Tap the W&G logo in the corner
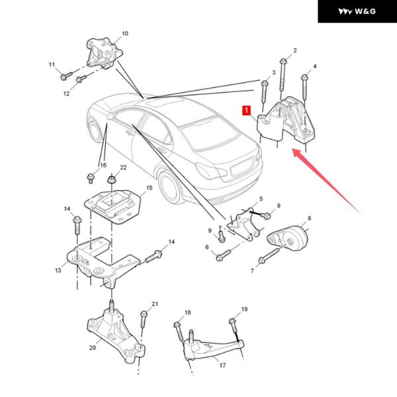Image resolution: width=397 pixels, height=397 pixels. click(357, 11)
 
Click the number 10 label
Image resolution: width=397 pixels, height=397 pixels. click(125, 33)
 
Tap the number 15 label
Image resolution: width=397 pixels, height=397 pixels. click(149, 189)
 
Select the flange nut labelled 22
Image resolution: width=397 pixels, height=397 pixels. click(110, 179)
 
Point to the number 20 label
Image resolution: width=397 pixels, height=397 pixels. click(92, 347)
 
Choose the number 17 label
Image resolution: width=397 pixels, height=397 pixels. click(222, 365)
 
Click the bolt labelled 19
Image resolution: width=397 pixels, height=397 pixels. click(233, 324)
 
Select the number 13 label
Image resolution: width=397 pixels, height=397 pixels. click(58, 271)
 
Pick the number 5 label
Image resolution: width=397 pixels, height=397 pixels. click(261, 198)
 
